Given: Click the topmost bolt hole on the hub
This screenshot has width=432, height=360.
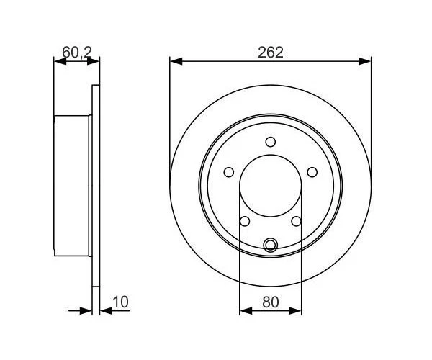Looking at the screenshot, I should point(270,142).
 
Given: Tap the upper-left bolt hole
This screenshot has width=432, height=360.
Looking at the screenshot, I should point(229,172).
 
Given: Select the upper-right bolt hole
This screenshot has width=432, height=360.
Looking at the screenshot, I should point(312,172).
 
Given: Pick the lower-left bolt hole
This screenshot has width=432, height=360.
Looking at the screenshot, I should point(245,221).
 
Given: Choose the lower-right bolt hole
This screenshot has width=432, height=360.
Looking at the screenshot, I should point(296,221).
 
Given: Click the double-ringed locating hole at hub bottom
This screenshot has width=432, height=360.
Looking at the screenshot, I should point(270,245).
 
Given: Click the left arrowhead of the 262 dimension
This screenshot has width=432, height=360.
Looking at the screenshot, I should point(175,62).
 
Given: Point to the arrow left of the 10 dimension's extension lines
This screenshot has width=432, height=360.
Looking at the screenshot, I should point(86,310).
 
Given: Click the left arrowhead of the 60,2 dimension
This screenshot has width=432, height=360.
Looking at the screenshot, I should point(60,62).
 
